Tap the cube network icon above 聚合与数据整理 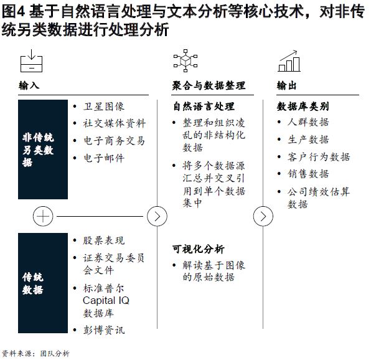(x=185, y=60)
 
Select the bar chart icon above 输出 (x=289, y=61)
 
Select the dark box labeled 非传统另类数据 (x=43, y=149)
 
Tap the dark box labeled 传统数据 (x=43, y=283)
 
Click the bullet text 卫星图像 (x=103, y=107)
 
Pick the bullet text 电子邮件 (x=103, y=158)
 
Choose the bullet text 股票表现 (x=103, y=240)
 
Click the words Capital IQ (x=106, y=301)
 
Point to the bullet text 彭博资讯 (x=103, y=330)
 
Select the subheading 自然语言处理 (x=204, y=107)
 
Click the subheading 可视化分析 (x=199, y=249)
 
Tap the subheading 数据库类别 (x=303, y=107)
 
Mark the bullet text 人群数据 (x=308, y=122)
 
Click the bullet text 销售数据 (x=308, y=174)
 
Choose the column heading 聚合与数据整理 (x=209, y=85)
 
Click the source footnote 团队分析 (x=55, y=354)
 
